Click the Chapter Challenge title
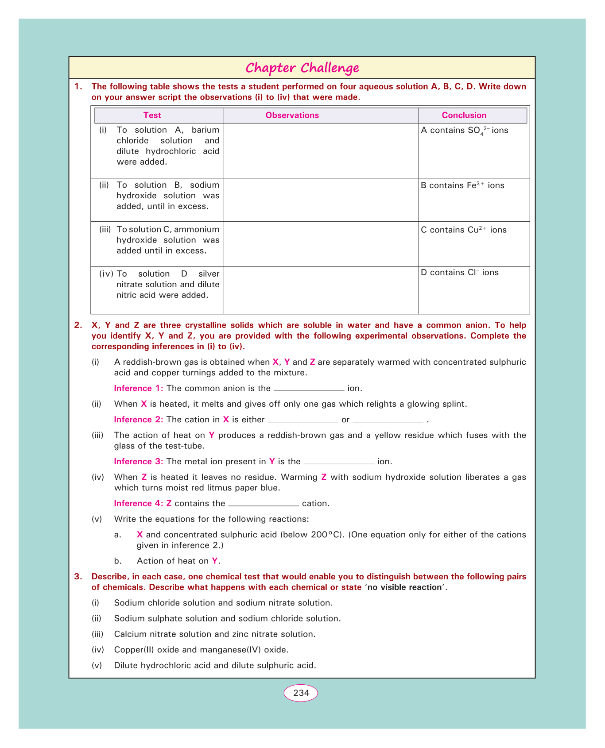(302, 68)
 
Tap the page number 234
(301, 693)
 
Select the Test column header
(152, 116)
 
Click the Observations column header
(292, 116)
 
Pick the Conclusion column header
(464, 116)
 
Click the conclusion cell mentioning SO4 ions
(465, 131)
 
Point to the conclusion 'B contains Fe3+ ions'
(462, 185)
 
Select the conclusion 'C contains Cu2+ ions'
(464, 230)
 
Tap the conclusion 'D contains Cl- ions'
(460, 273)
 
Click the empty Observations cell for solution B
(321, 200)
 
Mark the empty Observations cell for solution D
(321, 290)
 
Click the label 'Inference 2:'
(139, 420)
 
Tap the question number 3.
(78, 577)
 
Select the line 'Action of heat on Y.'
(178, 561)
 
